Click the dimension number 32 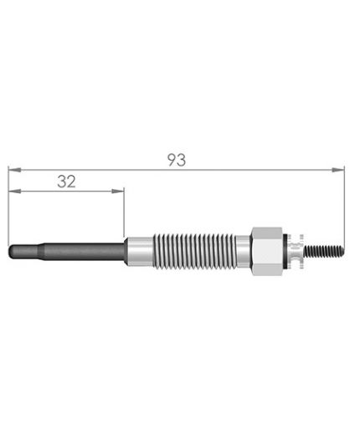[67, 181]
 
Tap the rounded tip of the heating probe [12, 250]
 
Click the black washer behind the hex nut [289, 250]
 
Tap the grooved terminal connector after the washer [298, 250]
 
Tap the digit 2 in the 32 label [72, 181]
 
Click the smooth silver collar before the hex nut [244, 250]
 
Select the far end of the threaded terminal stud [342, 250]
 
